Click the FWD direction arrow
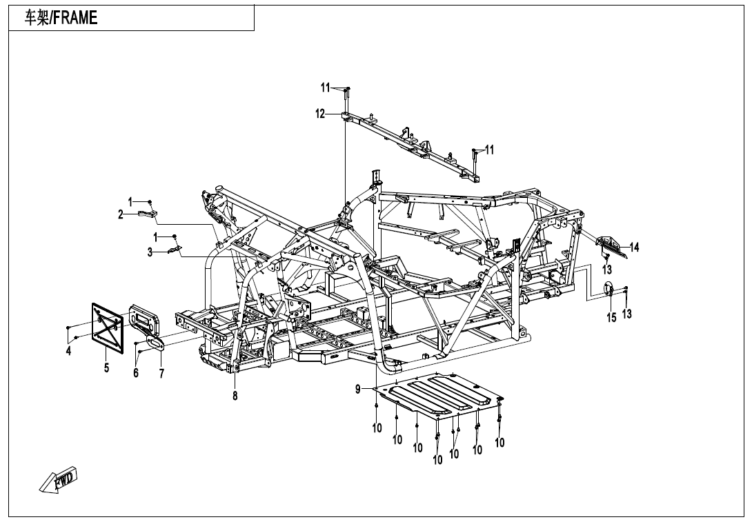(x=58, y=479)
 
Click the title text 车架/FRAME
(x=61, y=18)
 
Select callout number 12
(x=320, y=114)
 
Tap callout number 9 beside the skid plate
(x=358, y=390)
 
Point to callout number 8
(x=235, y=396)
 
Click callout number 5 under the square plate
(x=106, y=367)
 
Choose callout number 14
(x=634, y=248)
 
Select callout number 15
(x=611, y=317)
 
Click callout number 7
(x=161, y=374)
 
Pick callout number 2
(x=121, y=215)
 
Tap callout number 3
(x=150, y=252)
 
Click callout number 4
(x=68, y=352)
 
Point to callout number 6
(x=136, y=372)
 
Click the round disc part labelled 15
(x=608, y=289)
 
